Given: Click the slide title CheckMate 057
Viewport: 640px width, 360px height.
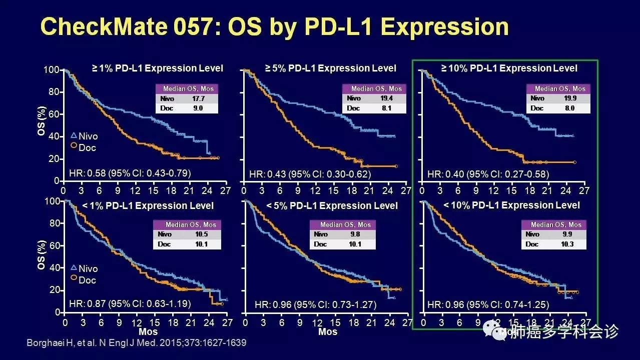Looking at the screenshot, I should (x=274, y=26).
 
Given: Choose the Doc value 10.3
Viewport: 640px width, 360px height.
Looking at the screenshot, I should (x=566, y=244).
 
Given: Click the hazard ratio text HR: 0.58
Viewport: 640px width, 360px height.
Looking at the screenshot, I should (x=129, y=173).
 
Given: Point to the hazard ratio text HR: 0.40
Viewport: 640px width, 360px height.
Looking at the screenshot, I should (x=488, y=174).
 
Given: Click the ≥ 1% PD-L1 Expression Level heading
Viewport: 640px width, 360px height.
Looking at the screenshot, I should (x=157, y=68).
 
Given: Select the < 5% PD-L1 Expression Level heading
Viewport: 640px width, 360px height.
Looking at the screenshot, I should (x=332, y=205).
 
